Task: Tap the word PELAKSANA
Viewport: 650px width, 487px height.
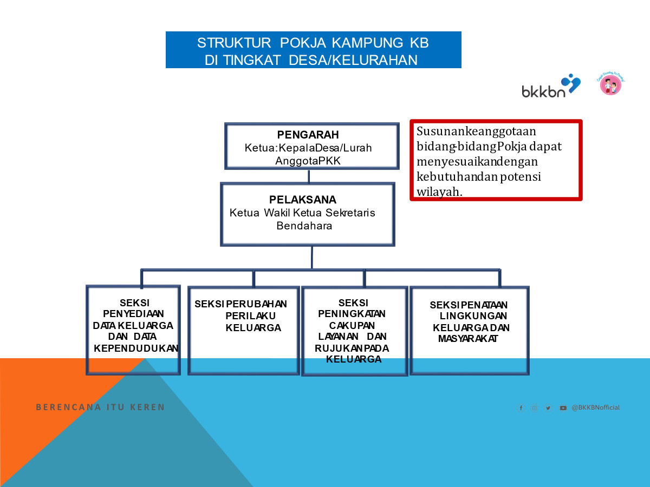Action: [x=303, y=200]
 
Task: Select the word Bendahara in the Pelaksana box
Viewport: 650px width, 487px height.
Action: [x=304, y=226]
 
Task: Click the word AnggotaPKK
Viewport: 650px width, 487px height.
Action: [x=308, y=161]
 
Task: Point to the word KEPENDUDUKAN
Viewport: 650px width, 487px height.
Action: [x=136, y=348]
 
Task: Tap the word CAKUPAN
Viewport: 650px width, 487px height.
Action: [x=352, y=325]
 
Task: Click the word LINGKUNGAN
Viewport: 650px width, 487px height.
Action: [x=473, y=315]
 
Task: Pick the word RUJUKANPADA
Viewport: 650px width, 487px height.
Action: [x=352, y=348]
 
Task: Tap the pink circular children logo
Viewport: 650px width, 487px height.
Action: [x=610, y=85]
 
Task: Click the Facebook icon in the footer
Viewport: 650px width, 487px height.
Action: [x=521, y=408]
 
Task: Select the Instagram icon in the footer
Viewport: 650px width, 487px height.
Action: [x=535, y=408]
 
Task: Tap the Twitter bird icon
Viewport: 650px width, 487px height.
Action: [x=548, y=408]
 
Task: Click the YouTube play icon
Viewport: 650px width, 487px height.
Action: [x=563, y=408]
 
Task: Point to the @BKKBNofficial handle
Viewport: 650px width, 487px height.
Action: [x=595, y=407]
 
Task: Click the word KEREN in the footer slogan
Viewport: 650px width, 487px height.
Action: [x=147, y=407]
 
